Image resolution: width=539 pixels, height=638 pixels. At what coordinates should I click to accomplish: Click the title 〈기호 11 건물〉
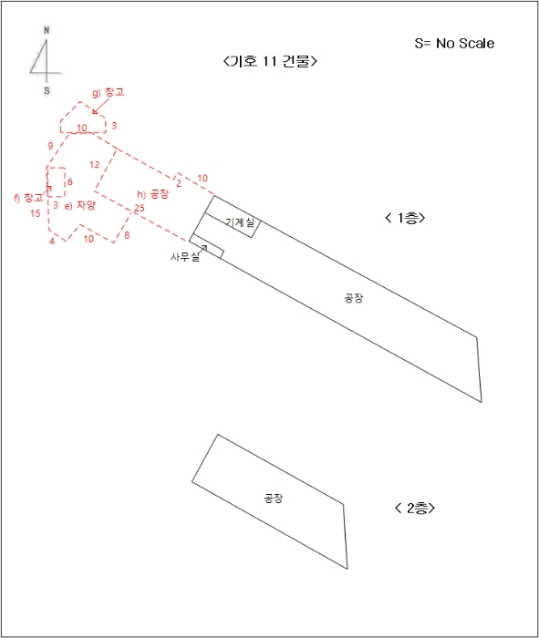[270, 61]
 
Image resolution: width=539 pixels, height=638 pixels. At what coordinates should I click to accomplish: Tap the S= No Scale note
[454, 43]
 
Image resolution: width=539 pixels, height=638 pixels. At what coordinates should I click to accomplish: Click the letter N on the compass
[47, 30]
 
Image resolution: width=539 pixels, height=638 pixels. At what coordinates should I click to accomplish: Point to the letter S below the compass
[47, 91]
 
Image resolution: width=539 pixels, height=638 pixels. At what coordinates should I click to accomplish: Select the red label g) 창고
[108, 92]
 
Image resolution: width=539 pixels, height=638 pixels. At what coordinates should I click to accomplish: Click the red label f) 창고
[28, 198]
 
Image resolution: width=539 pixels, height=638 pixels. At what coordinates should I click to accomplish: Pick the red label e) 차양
[79, 205]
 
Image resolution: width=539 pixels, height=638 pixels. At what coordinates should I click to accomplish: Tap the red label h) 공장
[152, 194]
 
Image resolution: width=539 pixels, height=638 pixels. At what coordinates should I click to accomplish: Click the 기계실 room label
[240, 222]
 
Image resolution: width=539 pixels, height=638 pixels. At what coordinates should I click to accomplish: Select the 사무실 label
[185, 257]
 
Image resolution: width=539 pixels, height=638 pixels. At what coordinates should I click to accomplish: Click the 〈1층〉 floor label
[405, 218]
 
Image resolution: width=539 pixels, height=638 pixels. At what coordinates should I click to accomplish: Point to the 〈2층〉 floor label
[415, 508]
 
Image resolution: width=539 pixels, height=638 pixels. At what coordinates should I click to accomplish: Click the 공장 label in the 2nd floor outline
[274, 498]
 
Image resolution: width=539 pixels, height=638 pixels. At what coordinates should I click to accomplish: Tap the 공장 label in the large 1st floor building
[353, 298]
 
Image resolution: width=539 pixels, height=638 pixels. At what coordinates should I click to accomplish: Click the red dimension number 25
[140, 208]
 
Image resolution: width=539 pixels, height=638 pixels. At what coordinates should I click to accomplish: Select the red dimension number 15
[36, 213]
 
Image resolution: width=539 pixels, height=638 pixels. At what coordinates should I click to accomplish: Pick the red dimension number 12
[95, 164]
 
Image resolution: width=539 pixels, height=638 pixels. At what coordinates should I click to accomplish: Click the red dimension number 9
[50, 146]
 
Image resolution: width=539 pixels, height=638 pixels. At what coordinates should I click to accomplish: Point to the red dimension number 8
[127, 235]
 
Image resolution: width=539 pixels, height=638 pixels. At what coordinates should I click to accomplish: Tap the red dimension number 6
[70, 181]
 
